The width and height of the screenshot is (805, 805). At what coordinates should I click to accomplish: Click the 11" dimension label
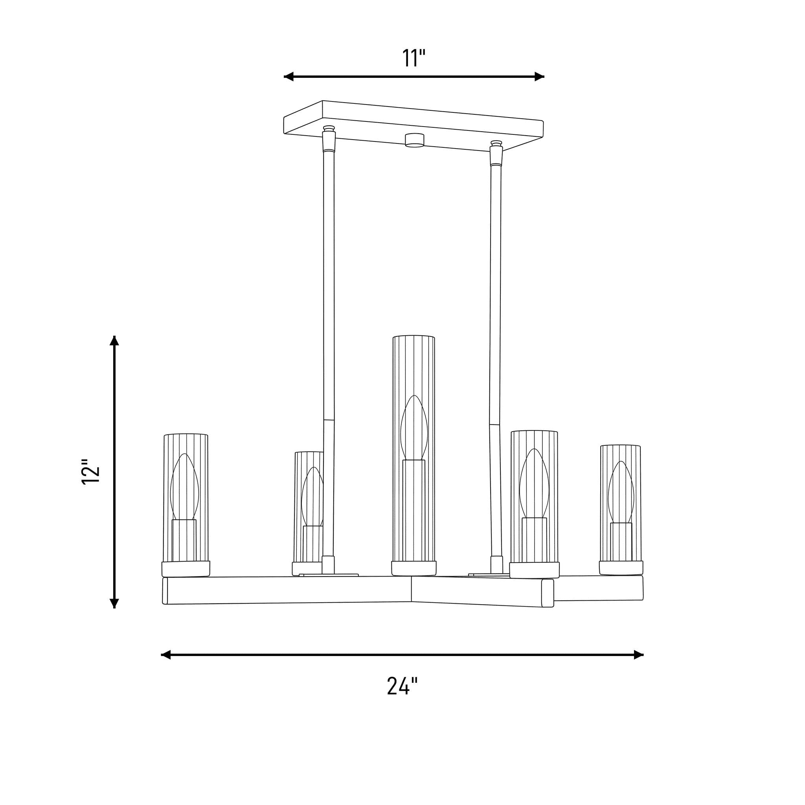click(x=414, y=58)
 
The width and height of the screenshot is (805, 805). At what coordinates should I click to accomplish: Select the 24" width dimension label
click(x=402, y=686)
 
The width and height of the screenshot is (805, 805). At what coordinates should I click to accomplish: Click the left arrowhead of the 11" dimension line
click(x=289, y=76)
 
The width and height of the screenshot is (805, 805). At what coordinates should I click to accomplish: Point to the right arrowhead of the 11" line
click(x=540, y=76)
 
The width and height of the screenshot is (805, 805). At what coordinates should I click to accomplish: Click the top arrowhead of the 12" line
click(x=114, y=340)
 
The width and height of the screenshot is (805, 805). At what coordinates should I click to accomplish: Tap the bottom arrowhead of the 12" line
click(x=114, y=603)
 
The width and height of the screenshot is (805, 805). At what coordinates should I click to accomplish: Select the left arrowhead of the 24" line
click(x=166, y=654)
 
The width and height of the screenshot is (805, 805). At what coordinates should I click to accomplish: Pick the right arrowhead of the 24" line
click(x=639, y=654)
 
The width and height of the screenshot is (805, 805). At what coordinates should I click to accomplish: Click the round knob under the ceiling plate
click(x=415, y=140)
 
